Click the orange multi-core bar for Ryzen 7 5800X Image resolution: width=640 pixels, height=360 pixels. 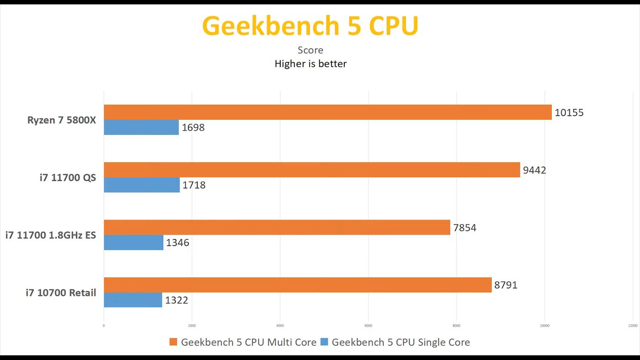coord(327,112)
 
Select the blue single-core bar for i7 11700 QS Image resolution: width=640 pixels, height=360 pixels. coord(142,185)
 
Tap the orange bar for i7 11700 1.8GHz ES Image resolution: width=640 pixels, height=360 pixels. coord(277,227)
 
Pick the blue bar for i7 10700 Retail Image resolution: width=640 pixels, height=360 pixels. coord(133,300)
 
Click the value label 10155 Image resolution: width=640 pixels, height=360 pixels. coord(569,113)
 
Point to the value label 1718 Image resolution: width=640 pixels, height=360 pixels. coord(194,185)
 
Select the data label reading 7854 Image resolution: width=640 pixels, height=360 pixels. coord(465,228)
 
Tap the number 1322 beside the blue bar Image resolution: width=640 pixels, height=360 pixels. coord(176,301)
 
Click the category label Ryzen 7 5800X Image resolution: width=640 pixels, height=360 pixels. coord(62,120)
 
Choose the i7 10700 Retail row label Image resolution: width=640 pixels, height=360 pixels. coord(61,293)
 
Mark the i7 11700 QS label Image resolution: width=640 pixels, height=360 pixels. coord(68,177)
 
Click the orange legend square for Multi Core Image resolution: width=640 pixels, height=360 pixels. coord(173,342)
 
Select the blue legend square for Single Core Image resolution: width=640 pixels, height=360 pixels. coord(324,342)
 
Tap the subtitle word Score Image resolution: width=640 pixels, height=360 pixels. coord(310,50)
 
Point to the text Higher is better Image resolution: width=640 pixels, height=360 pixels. coord(310,64)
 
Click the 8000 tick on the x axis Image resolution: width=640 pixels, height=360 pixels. coord(456,326)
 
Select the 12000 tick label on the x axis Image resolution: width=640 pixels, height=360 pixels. coord(633,326)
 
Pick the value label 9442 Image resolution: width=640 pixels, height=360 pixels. coord(534,170)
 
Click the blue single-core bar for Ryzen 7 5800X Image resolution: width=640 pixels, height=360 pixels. coord(141,127)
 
